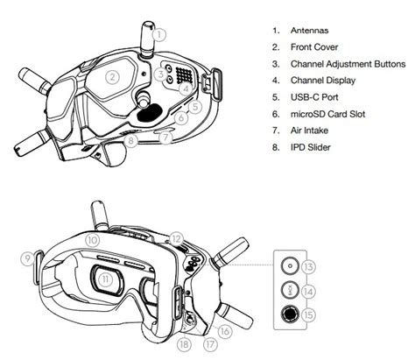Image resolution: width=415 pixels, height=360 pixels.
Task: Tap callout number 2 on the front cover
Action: click(112, 76)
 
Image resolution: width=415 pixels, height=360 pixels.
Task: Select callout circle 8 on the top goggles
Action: click(130, 139)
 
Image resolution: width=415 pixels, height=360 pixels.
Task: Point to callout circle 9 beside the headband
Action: click(26, 258)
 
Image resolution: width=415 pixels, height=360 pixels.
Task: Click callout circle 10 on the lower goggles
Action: click(93, 238)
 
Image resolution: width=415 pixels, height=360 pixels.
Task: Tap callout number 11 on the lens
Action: click(107, 279)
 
